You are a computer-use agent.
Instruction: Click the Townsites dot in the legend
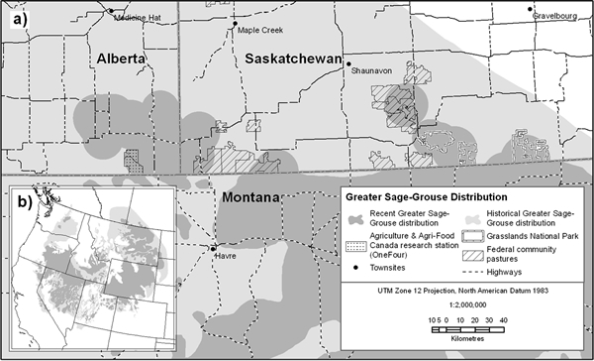click(357, 268)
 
